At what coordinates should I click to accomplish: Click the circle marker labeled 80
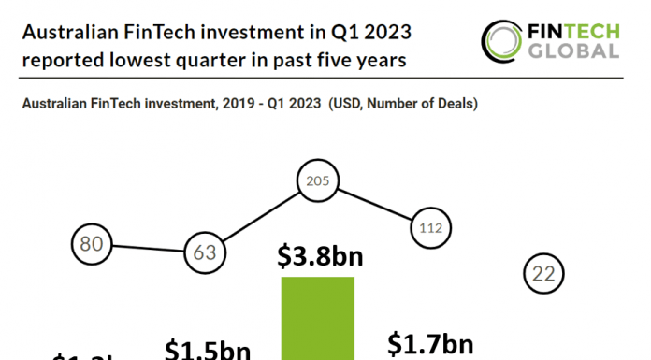click(x=91, y=245)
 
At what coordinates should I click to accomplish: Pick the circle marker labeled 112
click(x=430, y=226)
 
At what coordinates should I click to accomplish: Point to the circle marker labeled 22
click(x=543, y=274)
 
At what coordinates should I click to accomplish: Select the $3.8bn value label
click(x=319, y=257)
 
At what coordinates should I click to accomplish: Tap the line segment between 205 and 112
click(x=373, y=205)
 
